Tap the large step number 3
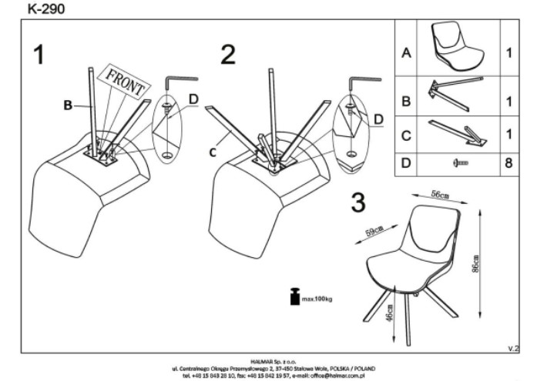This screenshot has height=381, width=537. point(357,202)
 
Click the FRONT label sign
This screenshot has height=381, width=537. point(126,81)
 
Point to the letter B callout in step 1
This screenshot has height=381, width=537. point(68,105)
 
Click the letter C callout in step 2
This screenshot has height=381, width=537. point(212,152)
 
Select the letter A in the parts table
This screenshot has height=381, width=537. point(406,54)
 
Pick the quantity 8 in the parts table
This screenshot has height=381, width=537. point(509,164)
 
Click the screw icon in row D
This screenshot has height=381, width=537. point(460,164)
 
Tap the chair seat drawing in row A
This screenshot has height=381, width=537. point(458,45)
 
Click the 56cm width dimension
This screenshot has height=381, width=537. point(440,196)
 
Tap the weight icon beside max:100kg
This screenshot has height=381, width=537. point(294,297)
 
